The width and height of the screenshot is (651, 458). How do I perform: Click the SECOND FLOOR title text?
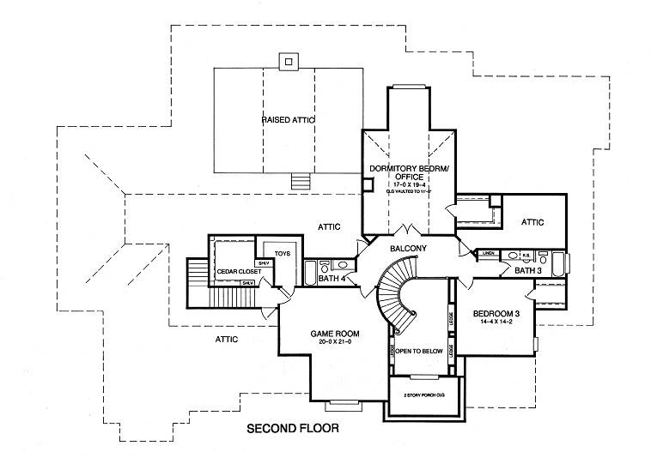pos(292,427)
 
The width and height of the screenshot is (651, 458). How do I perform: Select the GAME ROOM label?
pos(334,333)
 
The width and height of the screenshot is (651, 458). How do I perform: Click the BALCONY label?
pos(408,248)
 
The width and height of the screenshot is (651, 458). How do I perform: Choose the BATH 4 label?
pos(332,279)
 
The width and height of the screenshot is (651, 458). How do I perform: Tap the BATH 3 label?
pos(527,271)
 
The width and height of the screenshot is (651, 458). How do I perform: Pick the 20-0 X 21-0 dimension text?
pos(334,342)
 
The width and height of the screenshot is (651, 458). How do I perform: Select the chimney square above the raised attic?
pos(289,61)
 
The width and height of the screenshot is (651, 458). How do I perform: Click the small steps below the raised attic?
pos(301,182)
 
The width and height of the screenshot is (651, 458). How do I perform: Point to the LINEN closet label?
pos(487,255)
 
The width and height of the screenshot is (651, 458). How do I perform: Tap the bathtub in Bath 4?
pos(310,273)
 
